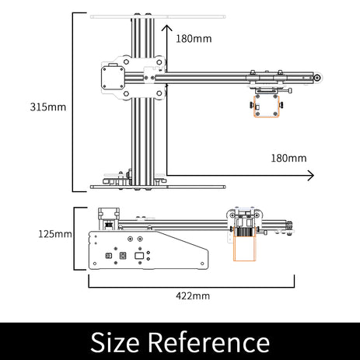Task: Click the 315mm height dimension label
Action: (48, 107)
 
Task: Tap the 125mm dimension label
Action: (55, 234)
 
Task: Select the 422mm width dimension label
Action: (193, 295)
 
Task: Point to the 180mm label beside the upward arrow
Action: (194, 39)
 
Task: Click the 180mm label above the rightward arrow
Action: (288, 158)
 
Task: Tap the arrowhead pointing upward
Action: (167, 28)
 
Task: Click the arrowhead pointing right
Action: (310, 176)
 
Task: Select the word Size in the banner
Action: (115, 342)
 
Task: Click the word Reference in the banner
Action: (209, 342)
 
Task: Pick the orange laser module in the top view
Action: (267, 107)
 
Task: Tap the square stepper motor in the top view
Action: (113, 78)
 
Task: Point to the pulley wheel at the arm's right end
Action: (317, 78)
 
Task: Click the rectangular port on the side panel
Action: (139, 256)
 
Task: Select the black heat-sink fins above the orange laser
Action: (244, 232)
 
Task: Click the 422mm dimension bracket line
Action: (191, 287)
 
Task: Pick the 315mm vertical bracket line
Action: (73, 102)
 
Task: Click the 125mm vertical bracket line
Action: (74, 239)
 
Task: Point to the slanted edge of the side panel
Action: (181, 240)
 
